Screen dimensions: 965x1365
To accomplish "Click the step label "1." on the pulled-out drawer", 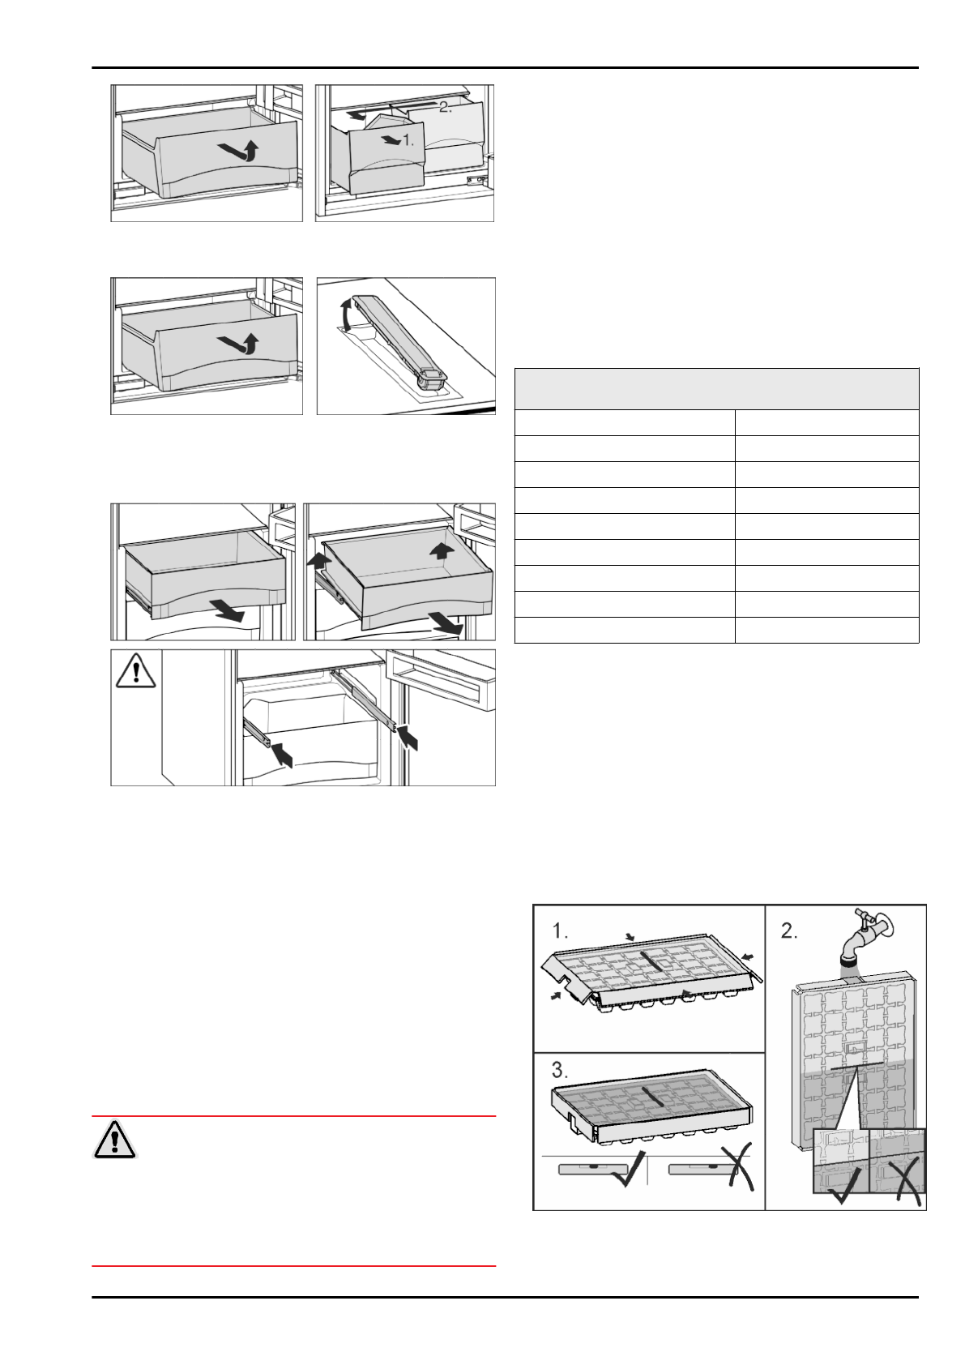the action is click(408, 140).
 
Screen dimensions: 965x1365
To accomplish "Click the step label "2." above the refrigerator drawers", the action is click(445, 107).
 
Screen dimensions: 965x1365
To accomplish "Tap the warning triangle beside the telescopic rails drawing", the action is click(135, 670).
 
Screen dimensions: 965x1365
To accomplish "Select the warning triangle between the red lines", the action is click(115, 1139).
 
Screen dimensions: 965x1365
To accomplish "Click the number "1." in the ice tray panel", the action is click(561, 929).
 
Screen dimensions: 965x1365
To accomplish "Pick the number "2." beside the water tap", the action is click(789, 931).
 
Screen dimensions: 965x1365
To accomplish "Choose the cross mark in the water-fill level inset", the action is click(902, 1179).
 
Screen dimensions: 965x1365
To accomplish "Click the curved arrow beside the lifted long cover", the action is click(348, 313).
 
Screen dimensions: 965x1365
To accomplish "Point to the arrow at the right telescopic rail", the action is click(408, 737).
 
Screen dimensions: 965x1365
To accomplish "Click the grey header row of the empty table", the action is click(716, 389).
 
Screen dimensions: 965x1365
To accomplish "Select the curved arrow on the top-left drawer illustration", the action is click(240, 151).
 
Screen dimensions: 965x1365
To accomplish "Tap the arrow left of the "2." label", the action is click(356, 115).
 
